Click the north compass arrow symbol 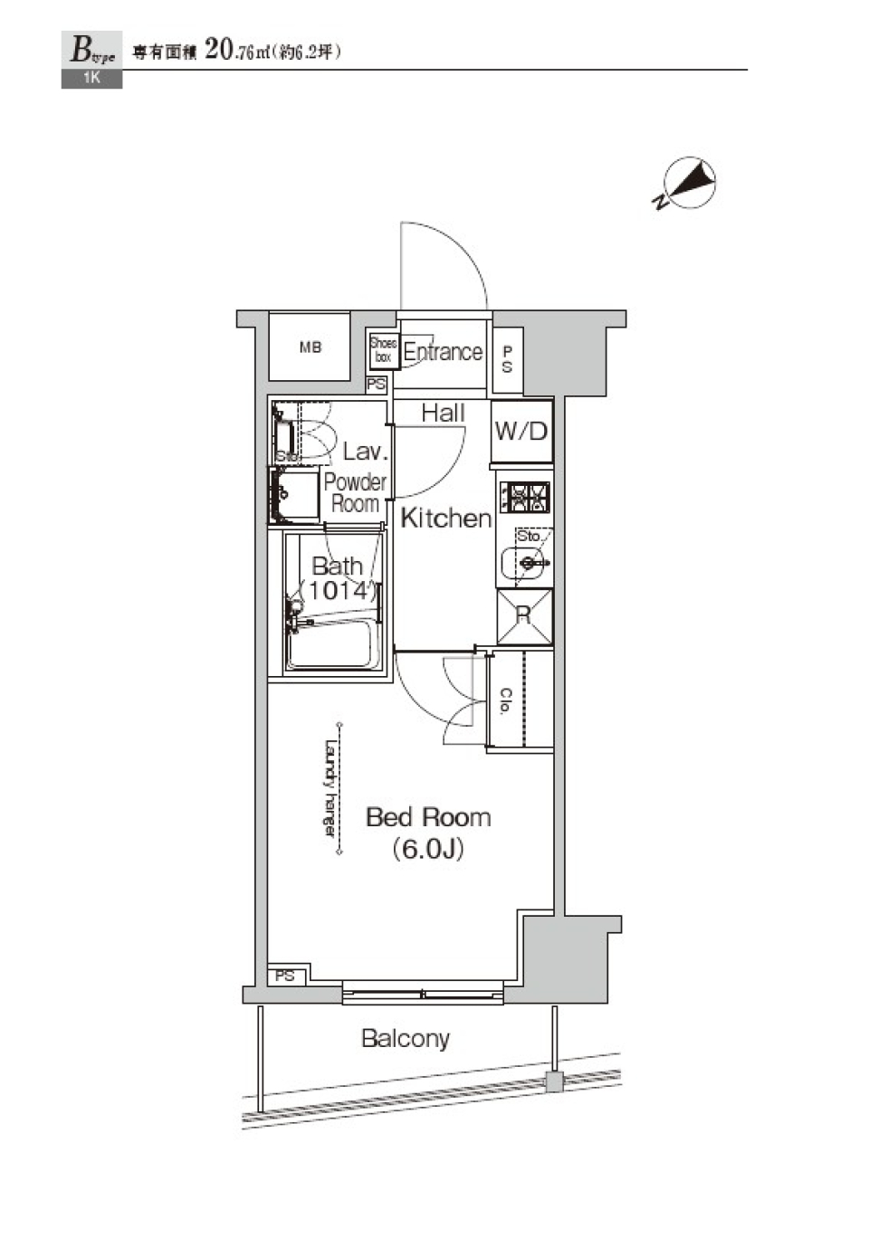[x=690, y=183]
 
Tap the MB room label [x=310, y=348]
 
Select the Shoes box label [x=383, y=350]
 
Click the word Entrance [x=443, y=351]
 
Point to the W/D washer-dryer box [x=521, y=432]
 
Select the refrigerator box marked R [x=523, y=615]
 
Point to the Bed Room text [x=428, y=817]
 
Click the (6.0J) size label [x=428, y=849]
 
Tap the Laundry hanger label [x=330, y=788]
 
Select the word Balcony [x=406, y=1038]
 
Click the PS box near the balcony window [x=285, y=976]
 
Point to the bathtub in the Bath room [x=333, y=644]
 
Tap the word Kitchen [x=445, y=518]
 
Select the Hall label [x=443, y=413]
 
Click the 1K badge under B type [x=91, y=79]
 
